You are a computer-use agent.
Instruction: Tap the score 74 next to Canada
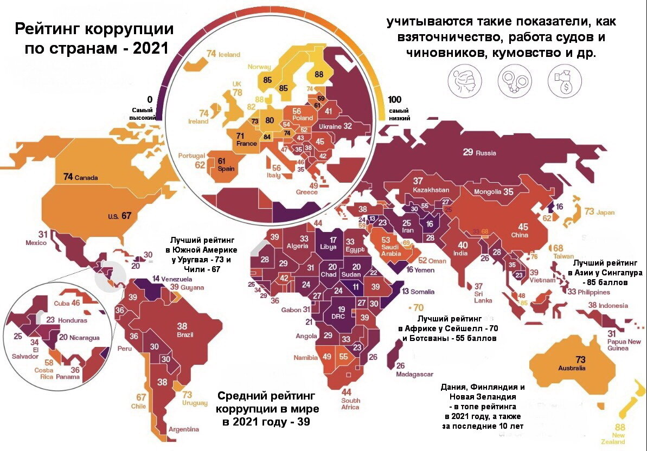coord(68,177)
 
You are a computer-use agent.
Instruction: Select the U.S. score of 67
coord(126,215)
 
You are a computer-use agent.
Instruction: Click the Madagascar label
coord(414,375)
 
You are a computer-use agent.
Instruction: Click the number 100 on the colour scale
coord(394,100)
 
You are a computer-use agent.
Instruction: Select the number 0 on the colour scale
coord(149,99)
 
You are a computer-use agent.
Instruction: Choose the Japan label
coord(605,212)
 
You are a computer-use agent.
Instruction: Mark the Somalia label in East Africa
coord(422,292)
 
